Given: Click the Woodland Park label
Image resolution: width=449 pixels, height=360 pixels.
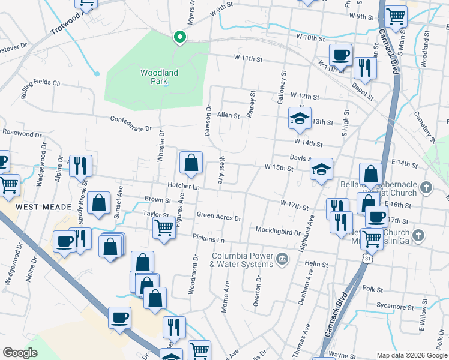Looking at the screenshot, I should pyautogui.click(x=159, y=76).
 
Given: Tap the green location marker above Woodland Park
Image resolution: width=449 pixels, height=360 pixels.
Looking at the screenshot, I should pyautogui.click(x=179, y=38).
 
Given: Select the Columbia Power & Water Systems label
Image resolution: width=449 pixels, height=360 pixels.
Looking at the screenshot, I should pyautogui.click(x=243, y=259).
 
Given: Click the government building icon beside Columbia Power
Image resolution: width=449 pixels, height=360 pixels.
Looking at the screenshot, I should pyautogui.click(x=282, y=259).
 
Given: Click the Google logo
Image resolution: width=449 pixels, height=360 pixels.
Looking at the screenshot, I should pyautogui.click(x=20, y=353).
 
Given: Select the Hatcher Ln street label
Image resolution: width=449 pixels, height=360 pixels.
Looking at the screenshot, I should pyautogui.click(x=183, y=186).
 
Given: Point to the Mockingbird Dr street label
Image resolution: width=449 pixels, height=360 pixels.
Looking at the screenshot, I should pyautogui.click(x=278, y=230).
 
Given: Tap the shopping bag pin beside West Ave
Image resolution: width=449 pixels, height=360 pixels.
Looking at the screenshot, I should pyautogui.click(x=191, y=163).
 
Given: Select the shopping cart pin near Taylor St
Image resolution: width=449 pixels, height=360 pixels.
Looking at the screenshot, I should pyautogui.click(x=164, y=228).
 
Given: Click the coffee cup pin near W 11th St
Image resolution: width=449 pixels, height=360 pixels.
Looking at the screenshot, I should pyautogui.click(x=340, y=55).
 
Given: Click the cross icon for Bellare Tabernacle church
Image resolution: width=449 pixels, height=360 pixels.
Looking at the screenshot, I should pyautogui.click(x=426, y=187).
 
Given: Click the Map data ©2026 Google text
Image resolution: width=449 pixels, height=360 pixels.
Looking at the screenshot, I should pyautogui.click(x=411, y=355).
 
